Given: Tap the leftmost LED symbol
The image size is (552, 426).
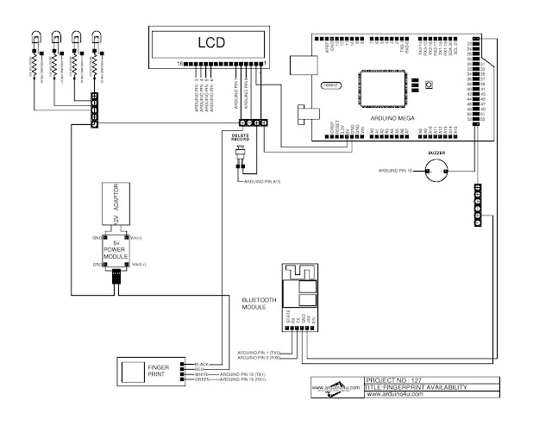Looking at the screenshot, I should coord(35,39).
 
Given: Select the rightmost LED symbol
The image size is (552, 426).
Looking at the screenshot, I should coord(97,39).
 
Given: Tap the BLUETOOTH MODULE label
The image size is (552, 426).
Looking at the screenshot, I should coord(259,303).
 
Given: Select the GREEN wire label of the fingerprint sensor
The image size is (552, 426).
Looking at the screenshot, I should coord(202,379).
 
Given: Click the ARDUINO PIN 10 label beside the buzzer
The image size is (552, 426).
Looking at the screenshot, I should coord(397,171).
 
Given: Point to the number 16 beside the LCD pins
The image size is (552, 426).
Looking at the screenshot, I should coord(180,64).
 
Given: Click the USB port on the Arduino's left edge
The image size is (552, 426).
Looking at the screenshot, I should coord(302,64).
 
